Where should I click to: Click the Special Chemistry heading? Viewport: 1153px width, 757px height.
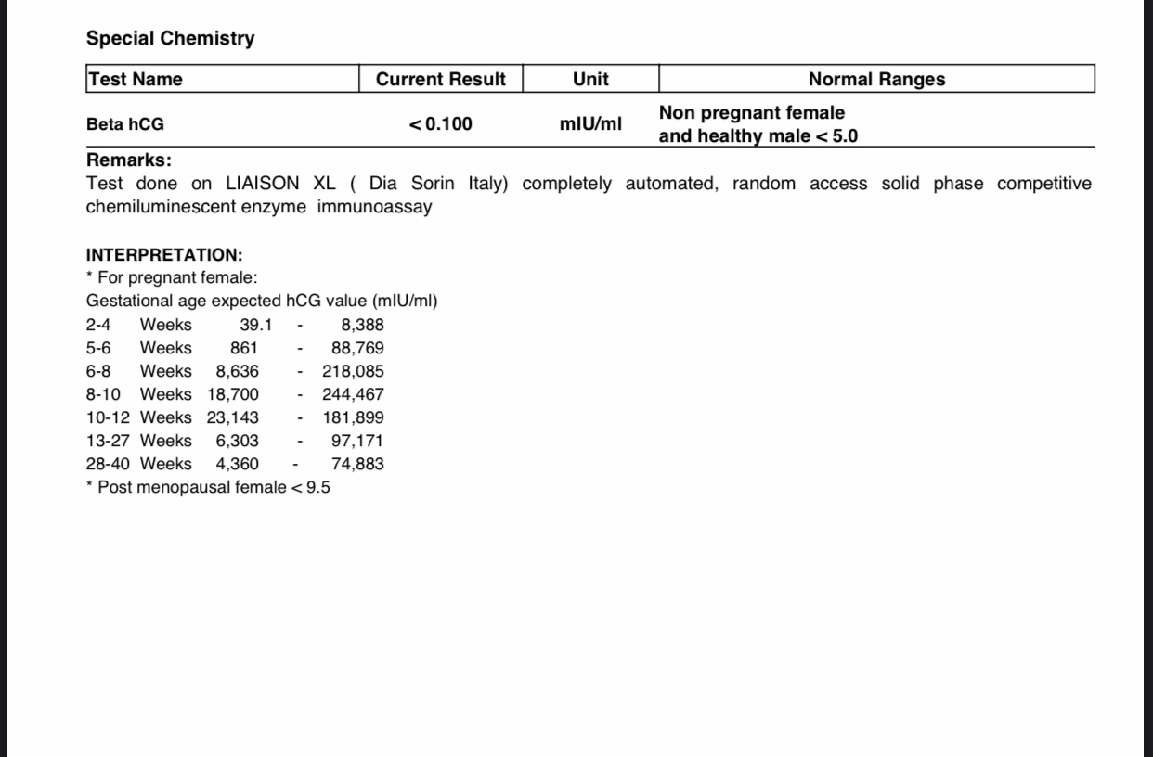pos(170,38)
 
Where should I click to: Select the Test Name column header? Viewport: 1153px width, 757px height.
pos(135,79)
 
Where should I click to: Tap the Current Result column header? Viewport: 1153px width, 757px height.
pos(441,79)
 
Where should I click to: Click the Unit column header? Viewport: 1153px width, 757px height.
pos(590,79)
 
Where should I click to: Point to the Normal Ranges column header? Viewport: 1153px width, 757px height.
pos(876,79)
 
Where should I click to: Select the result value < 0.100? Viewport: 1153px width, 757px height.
pos(441,124)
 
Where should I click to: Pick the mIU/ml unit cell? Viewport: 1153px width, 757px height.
pos(590,124)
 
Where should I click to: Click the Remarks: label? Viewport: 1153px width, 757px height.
pos(129,160)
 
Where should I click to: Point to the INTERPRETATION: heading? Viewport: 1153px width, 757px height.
pos(164,255)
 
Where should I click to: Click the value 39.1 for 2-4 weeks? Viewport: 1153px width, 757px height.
pos(255,325)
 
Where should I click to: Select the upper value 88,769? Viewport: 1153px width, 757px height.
pos(357,348)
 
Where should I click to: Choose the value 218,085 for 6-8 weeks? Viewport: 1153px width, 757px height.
pos(353,371)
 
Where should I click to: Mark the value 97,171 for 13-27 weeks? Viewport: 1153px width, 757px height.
pos(357,441)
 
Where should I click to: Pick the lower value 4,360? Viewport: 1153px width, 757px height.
pos(238,464)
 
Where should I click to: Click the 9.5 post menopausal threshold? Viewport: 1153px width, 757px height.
pos(317,487)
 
